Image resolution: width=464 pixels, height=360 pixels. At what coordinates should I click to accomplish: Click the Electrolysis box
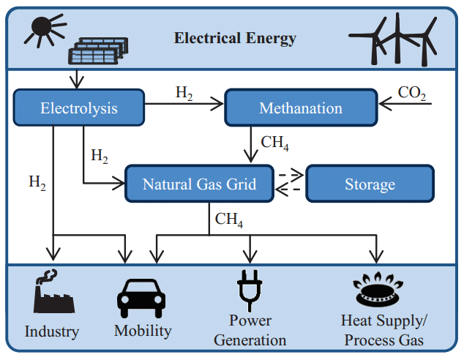click(79, 108)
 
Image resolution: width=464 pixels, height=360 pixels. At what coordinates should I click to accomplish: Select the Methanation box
click(301, 108)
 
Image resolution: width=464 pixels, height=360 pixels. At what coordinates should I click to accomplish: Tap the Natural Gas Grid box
click(199, 184)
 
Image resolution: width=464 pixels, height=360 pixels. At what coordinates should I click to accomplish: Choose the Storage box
click(370, 184)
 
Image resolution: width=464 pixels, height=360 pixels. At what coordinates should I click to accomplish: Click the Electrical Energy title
click(235, 39)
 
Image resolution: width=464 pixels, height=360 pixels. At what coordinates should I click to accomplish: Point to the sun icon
click(45, 29)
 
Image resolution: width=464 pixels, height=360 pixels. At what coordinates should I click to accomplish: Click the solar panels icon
click(98, 50)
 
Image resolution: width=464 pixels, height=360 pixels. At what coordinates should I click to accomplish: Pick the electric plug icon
click(250, 290)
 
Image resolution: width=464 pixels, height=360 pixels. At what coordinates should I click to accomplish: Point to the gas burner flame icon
click(378, 289)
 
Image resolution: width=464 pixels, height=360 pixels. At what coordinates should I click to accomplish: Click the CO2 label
click(412, 93)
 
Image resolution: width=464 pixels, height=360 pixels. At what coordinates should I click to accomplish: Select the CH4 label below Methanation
click(274, 143)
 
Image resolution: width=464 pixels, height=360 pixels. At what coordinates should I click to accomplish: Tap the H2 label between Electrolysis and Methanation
click(184, 93)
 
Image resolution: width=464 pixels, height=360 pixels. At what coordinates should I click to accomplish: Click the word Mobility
click(143, 331)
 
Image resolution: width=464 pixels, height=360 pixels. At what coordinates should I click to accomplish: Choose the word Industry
click(52, 331)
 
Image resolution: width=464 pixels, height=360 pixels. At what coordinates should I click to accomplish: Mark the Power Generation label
click(250, 330)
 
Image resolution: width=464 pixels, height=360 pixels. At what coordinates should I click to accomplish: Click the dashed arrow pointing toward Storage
click(291, 175)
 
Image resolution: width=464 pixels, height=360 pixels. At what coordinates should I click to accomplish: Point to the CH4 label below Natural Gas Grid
click(229, 220)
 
